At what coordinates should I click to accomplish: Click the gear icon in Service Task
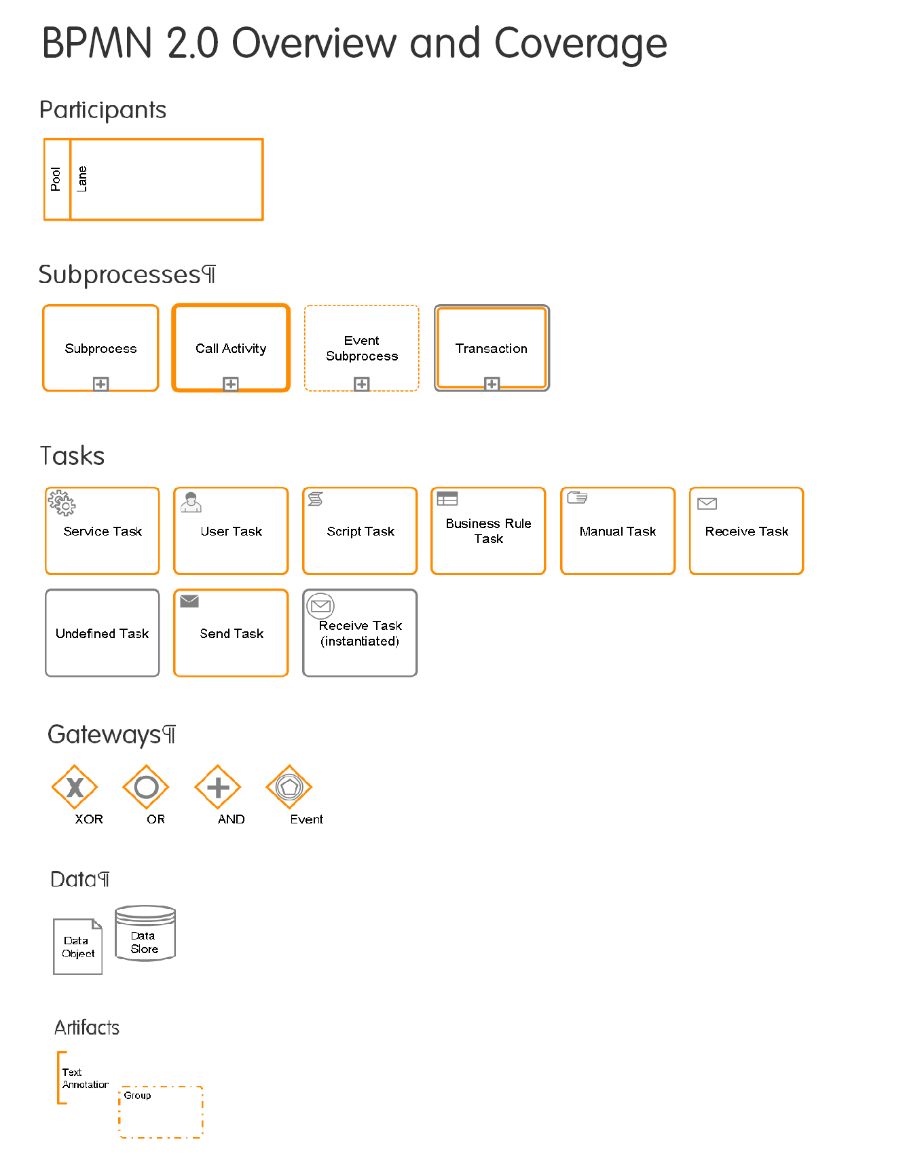pos(62,503)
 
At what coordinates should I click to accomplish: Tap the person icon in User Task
pos(191,502)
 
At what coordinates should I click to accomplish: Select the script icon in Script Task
pos(316,500)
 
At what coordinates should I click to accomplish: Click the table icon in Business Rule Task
pos(447,499)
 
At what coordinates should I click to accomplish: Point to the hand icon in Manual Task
pos(577,498)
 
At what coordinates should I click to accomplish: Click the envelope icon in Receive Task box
pos(707,504)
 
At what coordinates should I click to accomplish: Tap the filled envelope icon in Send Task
pos(189,601)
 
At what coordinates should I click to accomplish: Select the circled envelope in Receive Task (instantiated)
pos(320,606)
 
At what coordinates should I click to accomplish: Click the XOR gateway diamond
pos(75,787)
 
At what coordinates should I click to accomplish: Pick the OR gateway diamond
pos(146,787)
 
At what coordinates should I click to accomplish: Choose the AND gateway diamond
pos(218,787)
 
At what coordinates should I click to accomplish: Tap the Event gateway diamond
pos(289,787)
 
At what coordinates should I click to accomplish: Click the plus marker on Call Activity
pos(231,384)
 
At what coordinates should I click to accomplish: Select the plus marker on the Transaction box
pos(492,384)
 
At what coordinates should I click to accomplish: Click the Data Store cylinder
pos(145,933)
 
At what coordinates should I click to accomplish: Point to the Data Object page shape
pos(78,946)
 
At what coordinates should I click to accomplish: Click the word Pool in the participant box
pos(56,179)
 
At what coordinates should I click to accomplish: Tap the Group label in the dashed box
pos(137,1095)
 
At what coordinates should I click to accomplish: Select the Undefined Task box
pos(103,633)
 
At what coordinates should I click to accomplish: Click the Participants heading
pos(103,110)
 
